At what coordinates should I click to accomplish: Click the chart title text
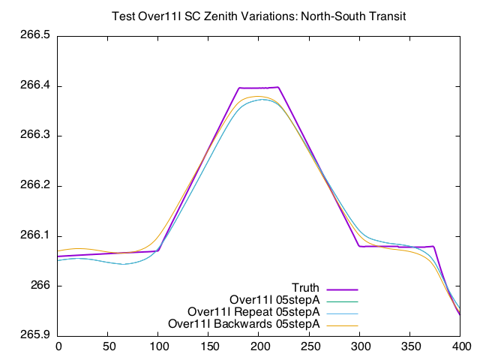pos(258,16)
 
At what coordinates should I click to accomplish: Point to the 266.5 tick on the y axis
pos(35,36)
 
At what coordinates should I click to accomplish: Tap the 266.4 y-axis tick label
pos(35,86)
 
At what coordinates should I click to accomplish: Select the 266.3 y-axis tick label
pos(35,136)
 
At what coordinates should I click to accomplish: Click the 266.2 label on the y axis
pos(35,186)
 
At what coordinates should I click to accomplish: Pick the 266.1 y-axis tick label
pos(35,235)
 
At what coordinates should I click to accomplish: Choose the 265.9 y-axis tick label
pos(35,335)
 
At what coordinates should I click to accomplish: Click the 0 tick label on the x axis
pos(58,346)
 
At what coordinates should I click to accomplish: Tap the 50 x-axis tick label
pos(109,346)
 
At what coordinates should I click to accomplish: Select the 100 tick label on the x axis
pos(159,346)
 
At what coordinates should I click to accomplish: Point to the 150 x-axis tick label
pos(209,346)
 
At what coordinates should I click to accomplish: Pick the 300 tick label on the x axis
pos(361,346)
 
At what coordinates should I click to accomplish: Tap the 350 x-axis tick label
pos(411,346)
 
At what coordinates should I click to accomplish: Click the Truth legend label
pos(306,288)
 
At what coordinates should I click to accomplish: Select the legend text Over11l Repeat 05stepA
pos(254,312)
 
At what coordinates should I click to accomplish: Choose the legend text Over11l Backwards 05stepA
pos(245,324)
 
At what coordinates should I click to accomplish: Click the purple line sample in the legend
pos(342,289)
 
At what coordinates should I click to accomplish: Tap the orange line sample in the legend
pos(342,325)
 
